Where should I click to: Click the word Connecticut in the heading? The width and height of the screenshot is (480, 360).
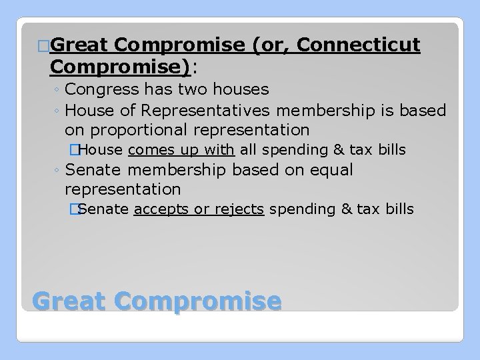click(x=359, y=46)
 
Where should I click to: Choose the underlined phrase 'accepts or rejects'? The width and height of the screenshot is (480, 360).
click(x=199, y=209)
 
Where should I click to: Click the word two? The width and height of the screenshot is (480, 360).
click(x=189, y=89)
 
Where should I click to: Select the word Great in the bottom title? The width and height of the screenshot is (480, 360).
click(x=68, y=301)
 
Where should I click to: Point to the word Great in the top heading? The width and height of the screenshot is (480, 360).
click(x=79, y=46)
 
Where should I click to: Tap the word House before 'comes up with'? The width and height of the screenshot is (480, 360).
click(x=106, y=149)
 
